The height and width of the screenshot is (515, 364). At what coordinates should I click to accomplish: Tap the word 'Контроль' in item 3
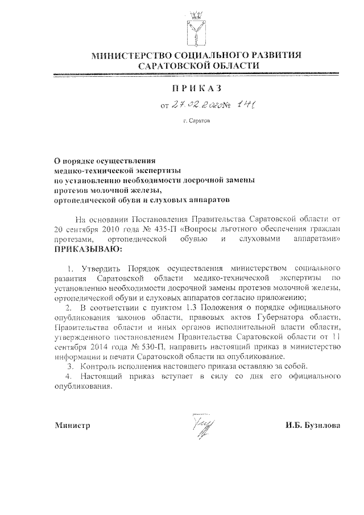(x=100, y=365)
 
